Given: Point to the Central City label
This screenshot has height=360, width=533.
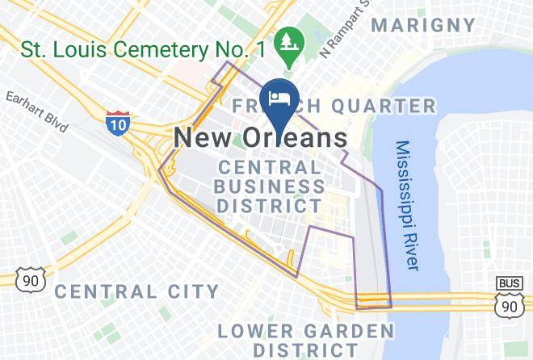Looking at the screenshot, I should coord(136,291).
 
